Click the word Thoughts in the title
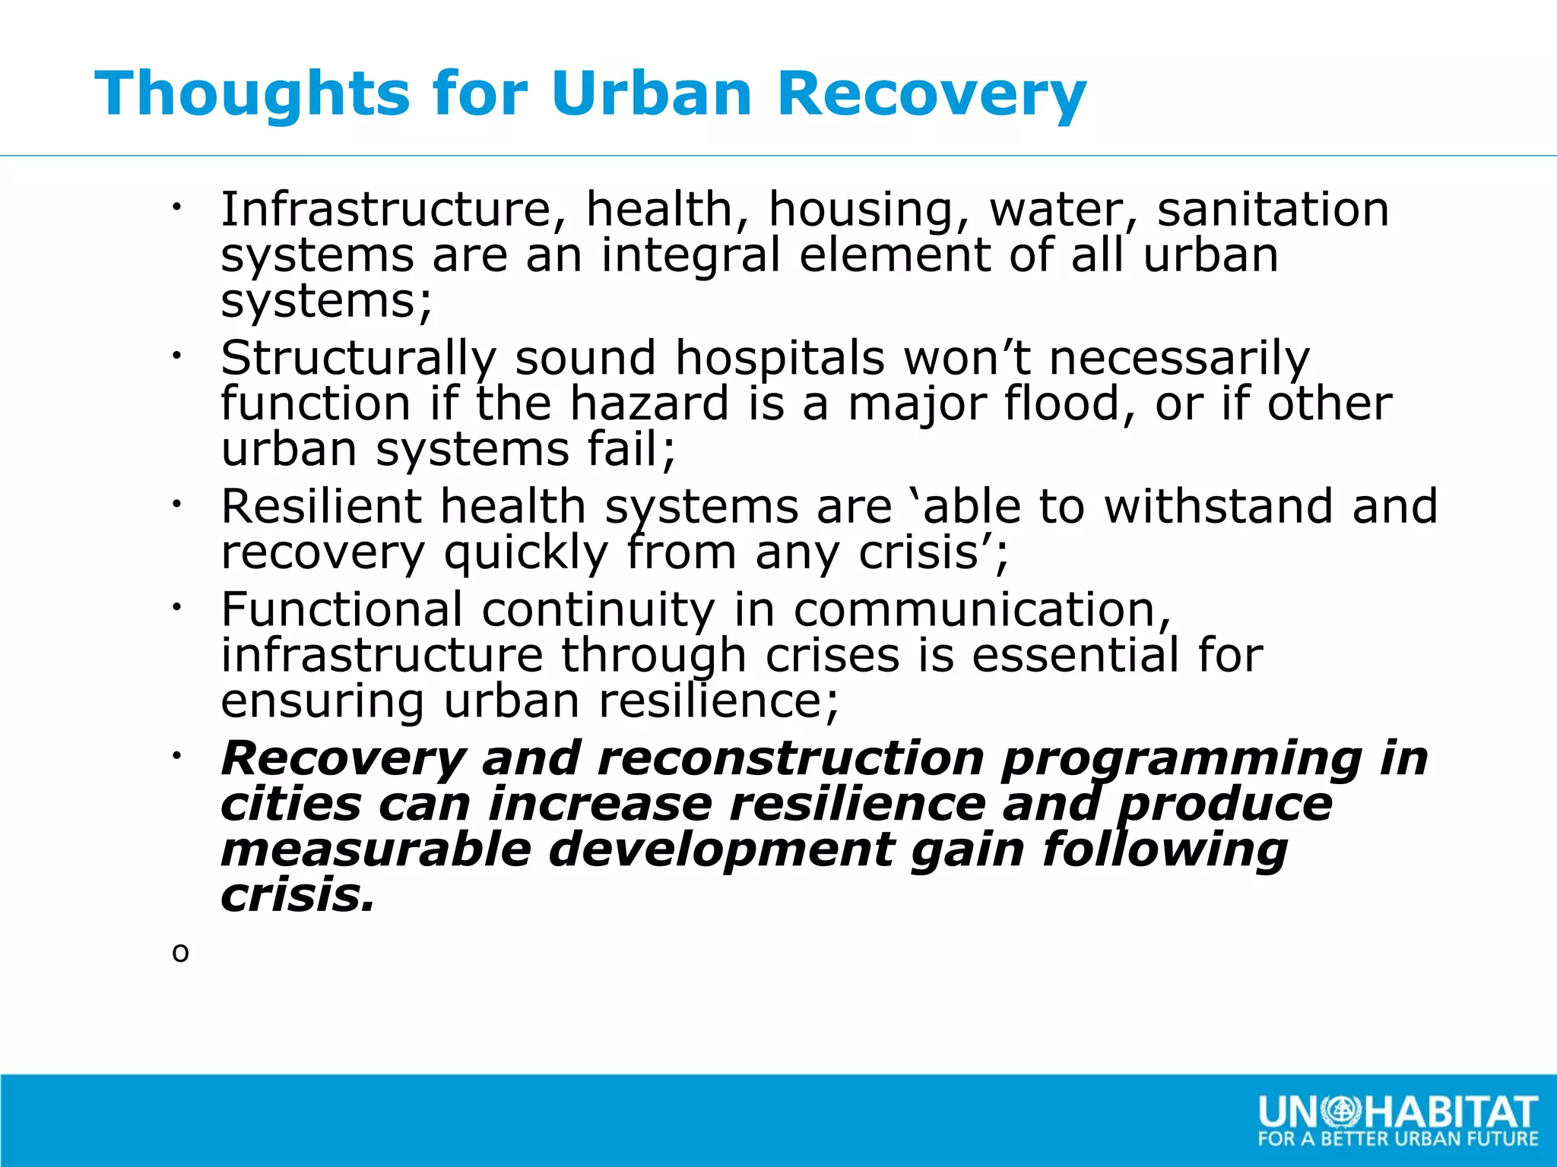tap(252, 93)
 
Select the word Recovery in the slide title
tap(931, 95)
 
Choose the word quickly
tap(526, 553)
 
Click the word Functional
tap(341, 609)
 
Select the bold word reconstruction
tap(791, 758)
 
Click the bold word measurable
tap(376, 849)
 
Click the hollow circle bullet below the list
tap(180, 953)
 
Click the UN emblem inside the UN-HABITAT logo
tap(1341, 1112)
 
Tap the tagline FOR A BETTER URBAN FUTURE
tap(1397, 1139)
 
